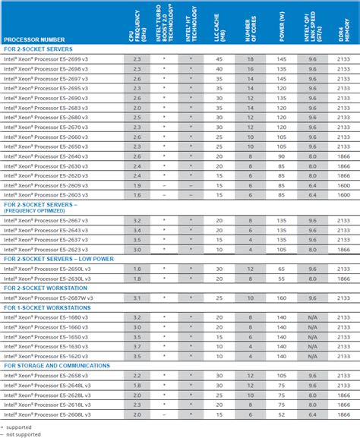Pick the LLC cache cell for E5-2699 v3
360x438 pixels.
click(219, 58)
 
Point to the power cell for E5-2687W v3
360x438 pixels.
click(282, 298)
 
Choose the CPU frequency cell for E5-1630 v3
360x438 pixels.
click(137, 346)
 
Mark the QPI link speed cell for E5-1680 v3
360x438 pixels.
click(311, 317)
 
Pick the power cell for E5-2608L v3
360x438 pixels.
click(282, 414)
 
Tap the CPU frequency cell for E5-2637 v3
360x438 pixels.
click(137, 240)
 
